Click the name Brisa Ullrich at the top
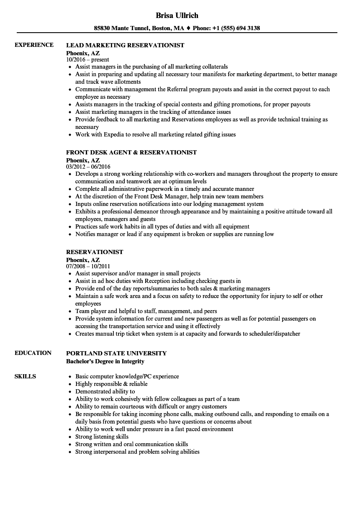177,15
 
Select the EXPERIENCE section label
34,45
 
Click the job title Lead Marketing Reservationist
125,45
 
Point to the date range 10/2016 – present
87,60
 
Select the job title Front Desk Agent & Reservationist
131,152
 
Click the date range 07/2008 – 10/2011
88,266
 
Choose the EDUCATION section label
33,353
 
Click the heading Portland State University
116,353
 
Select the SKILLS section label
25,376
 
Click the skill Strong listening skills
102,437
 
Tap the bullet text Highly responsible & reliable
111,384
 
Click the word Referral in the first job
185,90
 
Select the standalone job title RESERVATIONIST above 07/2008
95,252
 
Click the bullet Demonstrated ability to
105,391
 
